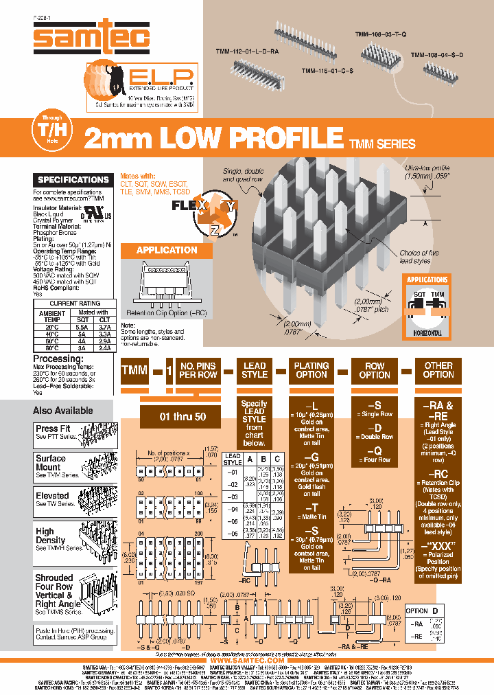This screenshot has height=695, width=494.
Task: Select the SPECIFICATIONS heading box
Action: (73, 180)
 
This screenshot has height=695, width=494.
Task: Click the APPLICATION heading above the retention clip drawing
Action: (167, 251)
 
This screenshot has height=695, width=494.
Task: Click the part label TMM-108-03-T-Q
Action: (381, 32)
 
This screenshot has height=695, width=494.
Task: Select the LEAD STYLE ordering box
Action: (255, 371)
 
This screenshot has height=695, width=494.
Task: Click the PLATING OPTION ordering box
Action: (311, 371)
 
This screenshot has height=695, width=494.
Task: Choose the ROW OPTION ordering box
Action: (375, 371)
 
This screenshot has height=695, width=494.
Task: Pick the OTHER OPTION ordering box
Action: (438, 371)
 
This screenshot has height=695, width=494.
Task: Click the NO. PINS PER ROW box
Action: (198, 371)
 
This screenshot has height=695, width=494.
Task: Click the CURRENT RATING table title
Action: (75, 303)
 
